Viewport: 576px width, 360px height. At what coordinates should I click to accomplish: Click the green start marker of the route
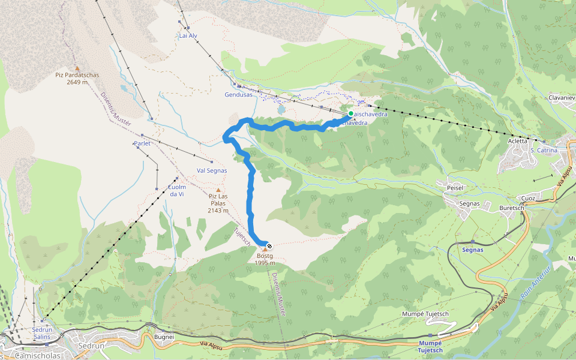(350, 113)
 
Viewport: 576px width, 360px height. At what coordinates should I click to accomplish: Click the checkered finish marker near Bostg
(269, 245)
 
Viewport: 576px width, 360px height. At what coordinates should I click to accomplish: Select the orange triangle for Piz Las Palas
(218, 190)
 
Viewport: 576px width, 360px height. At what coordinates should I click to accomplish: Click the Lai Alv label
(188, 36)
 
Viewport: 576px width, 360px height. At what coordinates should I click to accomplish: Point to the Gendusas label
(238, 95)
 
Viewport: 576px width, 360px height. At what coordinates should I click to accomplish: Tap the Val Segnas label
(212, 170)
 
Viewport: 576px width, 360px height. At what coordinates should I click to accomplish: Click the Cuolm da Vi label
(176, 190)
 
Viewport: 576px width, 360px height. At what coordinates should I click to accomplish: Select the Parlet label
(142, 144)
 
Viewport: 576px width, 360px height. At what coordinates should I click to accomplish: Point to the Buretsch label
(511, 208)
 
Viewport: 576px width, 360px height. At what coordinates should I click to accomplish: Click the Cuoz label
(529, 198)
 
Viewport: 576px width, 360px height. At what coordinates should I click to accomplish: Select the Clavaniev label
(562, 97)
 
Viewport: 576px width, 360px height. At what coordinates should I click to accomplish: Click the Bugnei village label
(164, 337)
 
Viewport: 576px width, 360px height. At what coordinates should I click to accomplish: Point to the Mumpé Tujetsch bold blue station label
(431, 346)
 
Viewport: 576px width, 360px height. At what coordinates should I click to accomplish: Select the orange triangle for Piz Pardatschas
(77, 68)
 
